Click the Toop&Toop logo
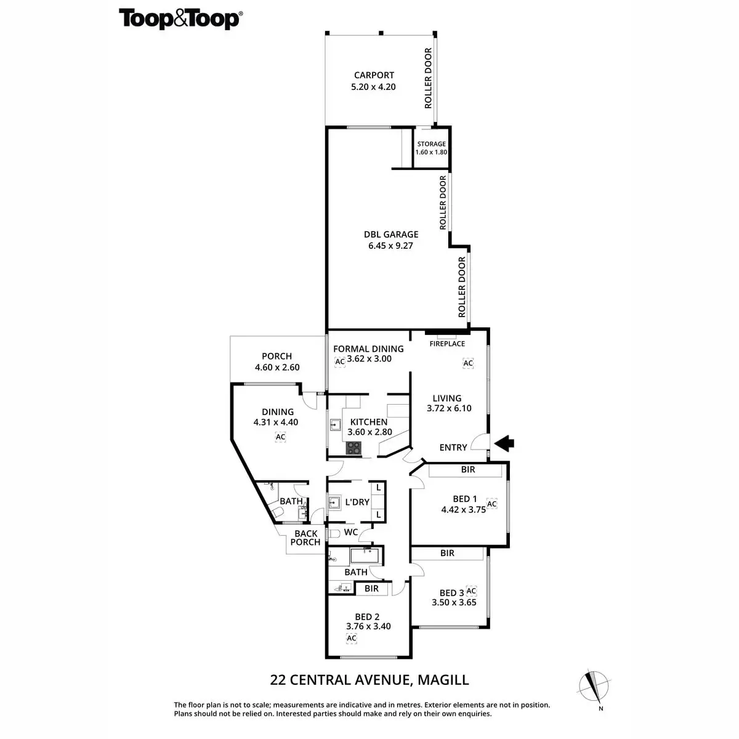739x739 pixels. (x=180, y=18)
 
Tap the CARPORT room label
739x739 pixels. (x=374, y=75)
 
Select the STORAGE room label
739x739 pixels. (x=431, y=144)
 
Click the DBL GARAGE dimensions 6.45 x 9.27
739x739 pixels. (x=391, y=245)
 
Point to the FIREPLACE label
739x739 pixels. (x=447, y=344)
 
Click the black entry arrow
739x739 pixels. (x=504, y=442)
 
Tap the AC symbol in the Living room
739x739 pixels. (x=468, y=363)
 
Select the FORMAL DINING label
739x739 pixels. (x=368, y=349)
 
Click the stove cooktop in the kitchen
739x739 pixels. (x=353, y=448)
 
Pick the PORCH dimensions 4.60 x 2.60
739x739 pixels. (x=277, y=368)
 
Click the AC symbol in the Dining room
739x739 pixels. (x=280, y=437)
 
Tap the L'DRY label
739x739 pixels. (x=357, y=502)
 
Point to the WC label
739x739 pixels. (x=351, y=531)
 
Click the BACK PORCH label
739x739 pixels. (x=305, y=538)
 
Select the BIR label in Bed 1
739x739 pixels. (x=468, y=469)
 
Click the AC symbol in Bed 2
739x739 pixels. (x=352, y=638)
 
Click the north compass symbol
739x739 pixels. (x=594, y=687)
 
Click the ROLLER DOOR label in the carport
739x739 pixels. (x=428, y=78)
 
